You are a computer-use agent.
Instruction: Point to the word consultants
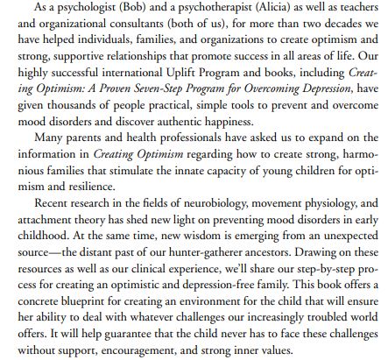pyautogui.click(x=121, y=25)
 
